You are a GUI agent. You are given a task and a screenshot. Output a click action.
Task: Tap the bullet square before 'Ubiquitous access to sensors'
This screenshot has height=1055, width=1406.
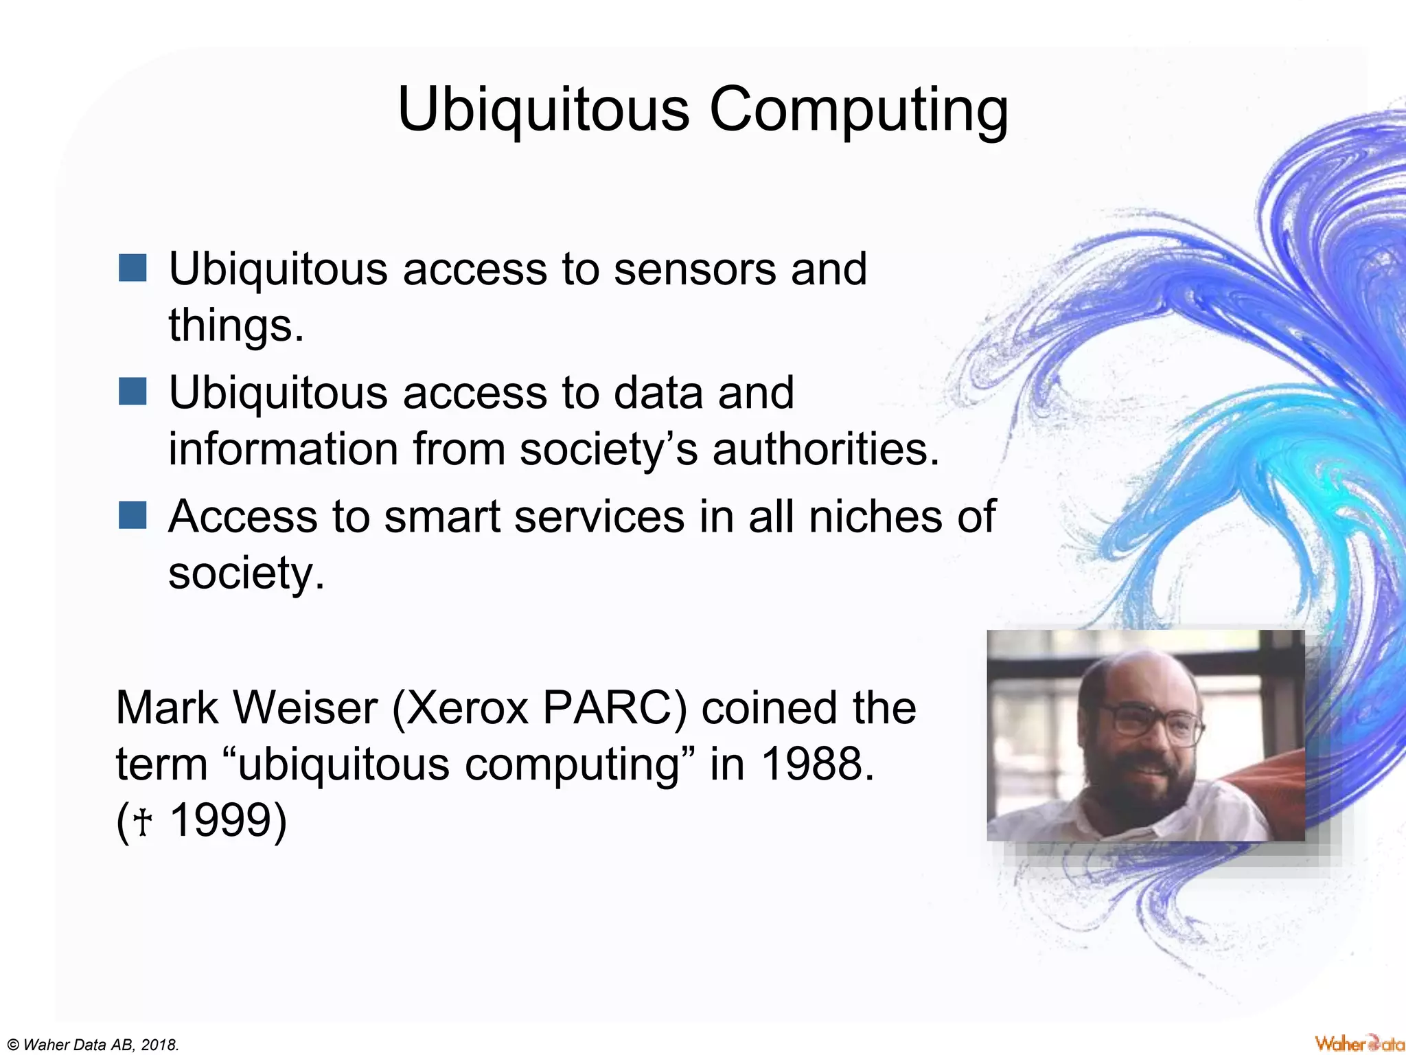click(x=132, y=268)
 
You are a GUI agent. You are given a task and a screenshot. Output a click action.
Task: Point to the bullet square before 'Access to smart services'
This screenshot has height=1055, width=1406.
click(x=132, y=515)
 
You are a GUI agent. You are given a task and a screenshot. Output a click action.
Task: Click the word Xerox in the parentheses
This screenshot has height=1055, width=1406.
click(x=468, y=707)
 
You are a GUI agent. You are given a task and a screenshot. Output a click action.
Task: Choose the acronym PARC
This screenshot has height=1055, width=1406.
click(x=613, y=707)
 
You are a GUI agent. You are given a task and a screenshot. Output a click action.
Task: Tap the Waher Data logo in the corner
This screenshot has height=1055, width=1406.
click(x=1359, y=1043)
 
